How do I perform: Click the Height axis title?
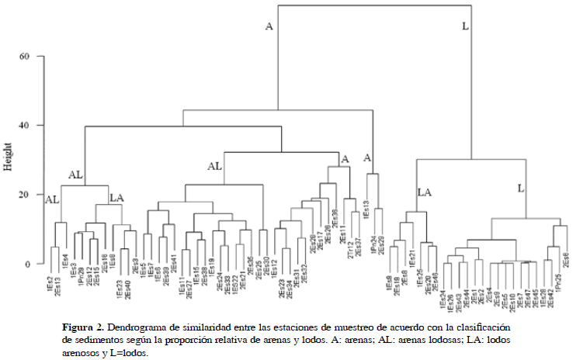coord(9,156)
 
